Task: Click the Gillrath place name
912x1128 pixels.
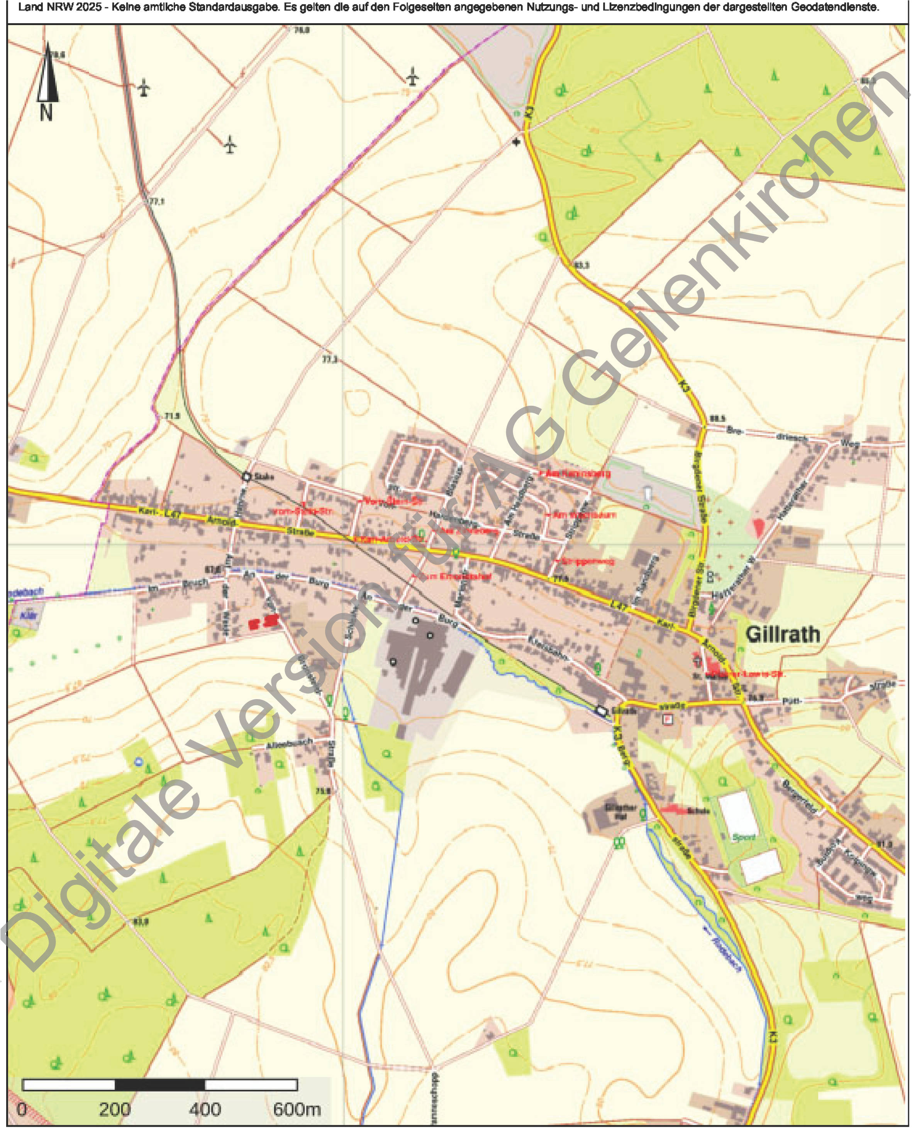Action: click(x=783, y=634)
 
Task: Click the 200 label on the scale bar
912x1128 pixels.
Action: click(x=115, y=1109)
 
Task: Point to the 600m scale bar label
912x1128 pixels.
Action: click(x=296, y=1109)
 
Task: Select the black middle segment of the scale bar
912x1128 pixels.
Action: click(x=160, y=1085)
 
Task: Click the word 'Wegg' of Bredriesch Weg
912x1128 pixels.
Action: click(x=849, y=444)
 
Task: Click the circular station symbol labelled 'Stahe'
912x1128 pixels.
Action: click(x=246, y=477)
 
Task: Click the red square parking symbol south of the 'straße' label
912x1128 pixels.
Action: click(x=668, y=719)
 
